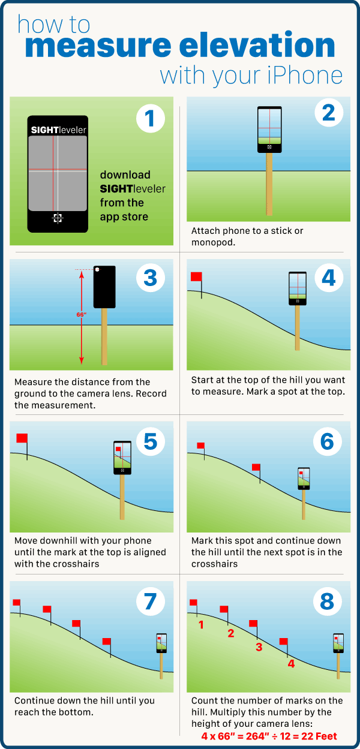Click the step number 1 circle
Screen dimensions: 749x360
coord(150,118)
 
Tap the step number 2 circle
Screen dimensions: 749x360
coord(329,113)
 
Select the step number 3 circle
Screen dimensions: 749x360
coord(150,278)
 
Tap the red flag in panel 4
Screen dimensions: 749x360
coord(196,276)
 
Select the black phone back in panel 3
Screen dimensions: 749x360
coord(104,287)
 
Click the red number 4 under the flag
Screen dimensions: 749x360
coord(291,664)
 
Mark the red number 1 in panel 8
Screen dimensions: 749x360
coord(201,625)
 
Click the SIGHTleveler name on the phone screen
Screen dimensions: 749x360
coord(58,130)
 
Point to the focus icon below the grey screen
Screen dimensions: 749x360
coord(58,218)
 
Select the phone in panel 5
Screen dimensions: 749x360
coord(122,458)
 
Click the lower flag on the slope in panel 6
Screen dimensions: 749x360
coord(256,467)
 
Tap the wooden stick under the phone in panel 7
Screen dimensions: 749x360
coord(161,666)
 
